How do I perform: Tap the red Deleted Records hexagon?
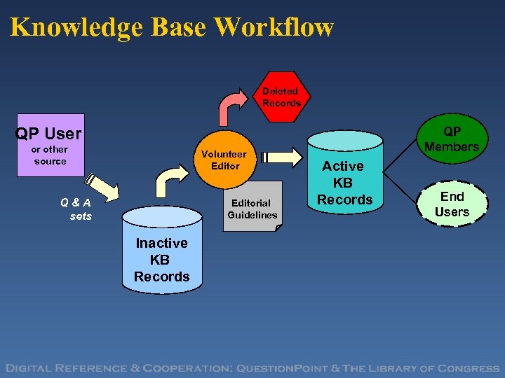pyautogui.click(x=281, y=97)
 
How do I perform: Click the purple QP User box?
pyautogui.click(x=50, y=144)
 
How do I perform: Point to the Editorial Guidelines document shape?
pyautogui.click(x=252, y=207)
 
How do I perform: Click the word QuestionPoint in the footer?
pyautogui.click(x=281, y=368)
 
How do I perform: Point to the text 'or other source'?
pyautogui.click(x=50, y=155)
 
